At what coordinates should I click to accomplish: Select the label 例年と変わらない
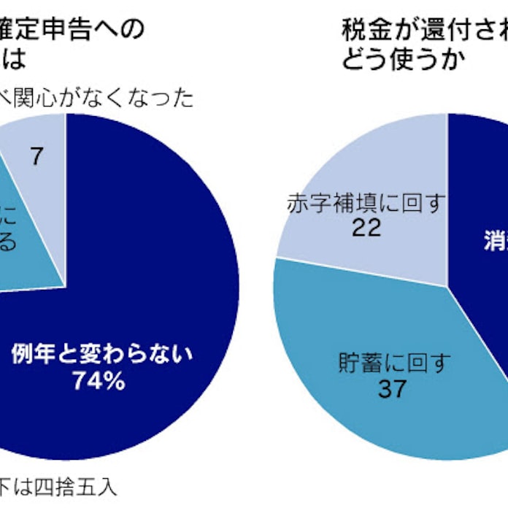coord(101,355)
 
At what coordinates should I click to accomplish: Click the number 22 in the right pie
coord(365,228)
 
